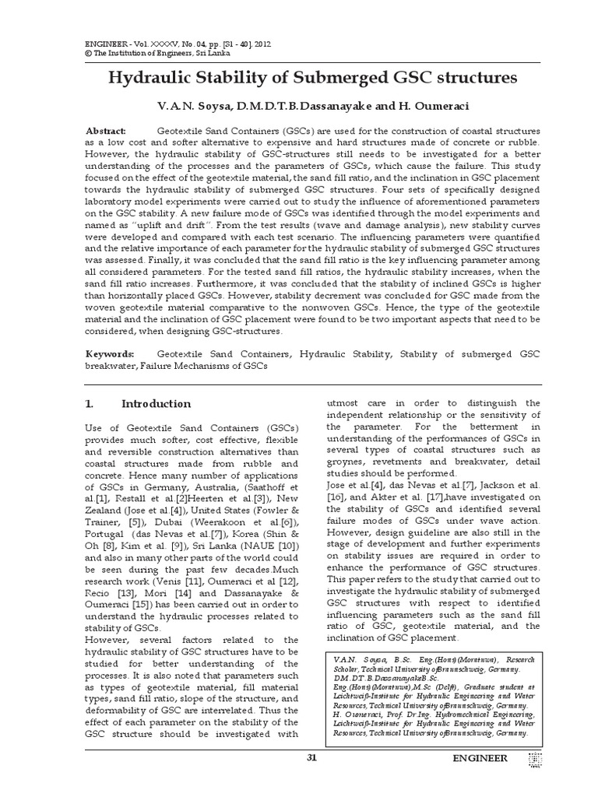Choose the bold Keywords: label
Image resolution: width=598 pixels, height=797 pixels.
coord(110,353)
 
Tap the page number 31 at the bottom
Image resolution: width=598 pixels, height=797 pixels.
coord(312,757)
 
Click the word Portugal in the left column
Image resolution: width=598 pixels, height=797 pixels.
coord(105,528)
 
